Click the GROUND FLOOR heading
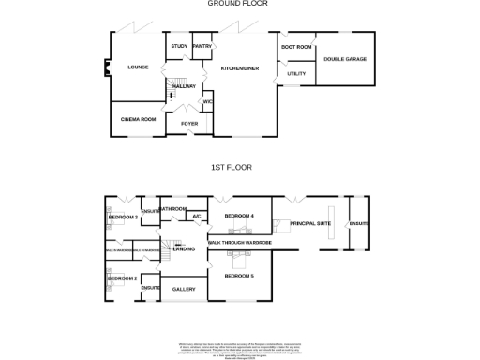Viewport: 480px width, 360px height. (x=238, y=4)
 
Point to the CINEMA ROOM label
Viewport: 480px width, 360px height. (x=138, y=119)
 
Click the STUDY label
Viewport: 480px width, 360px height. (x=178, y=46)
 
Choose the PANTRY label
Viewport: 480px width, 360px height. (x=202, y=46)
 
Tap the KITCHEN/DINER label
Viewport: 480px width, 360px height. (x=240, y=68)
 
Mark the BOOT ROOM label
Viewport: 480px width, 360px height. (x=295, y=46)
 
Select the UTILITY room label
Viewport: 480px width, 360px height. (x=296, y=72)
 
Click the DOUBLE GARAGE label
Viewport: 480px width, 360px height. (x=344, y=59)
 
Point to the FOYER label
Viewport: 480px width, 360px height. (x=189, y=123)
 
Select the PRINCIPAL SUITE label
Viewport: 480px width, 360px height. (x=309, y=223)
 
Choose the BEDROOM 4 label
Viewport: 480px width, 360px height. (x=239, y=217)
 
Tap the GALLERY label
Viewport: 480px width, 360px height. (x=184, y=289)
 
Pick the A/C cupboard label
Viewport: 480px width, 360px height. (x=196, y=217)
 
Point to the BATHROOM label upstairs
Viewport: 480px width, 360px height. (x=173, y=208)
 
